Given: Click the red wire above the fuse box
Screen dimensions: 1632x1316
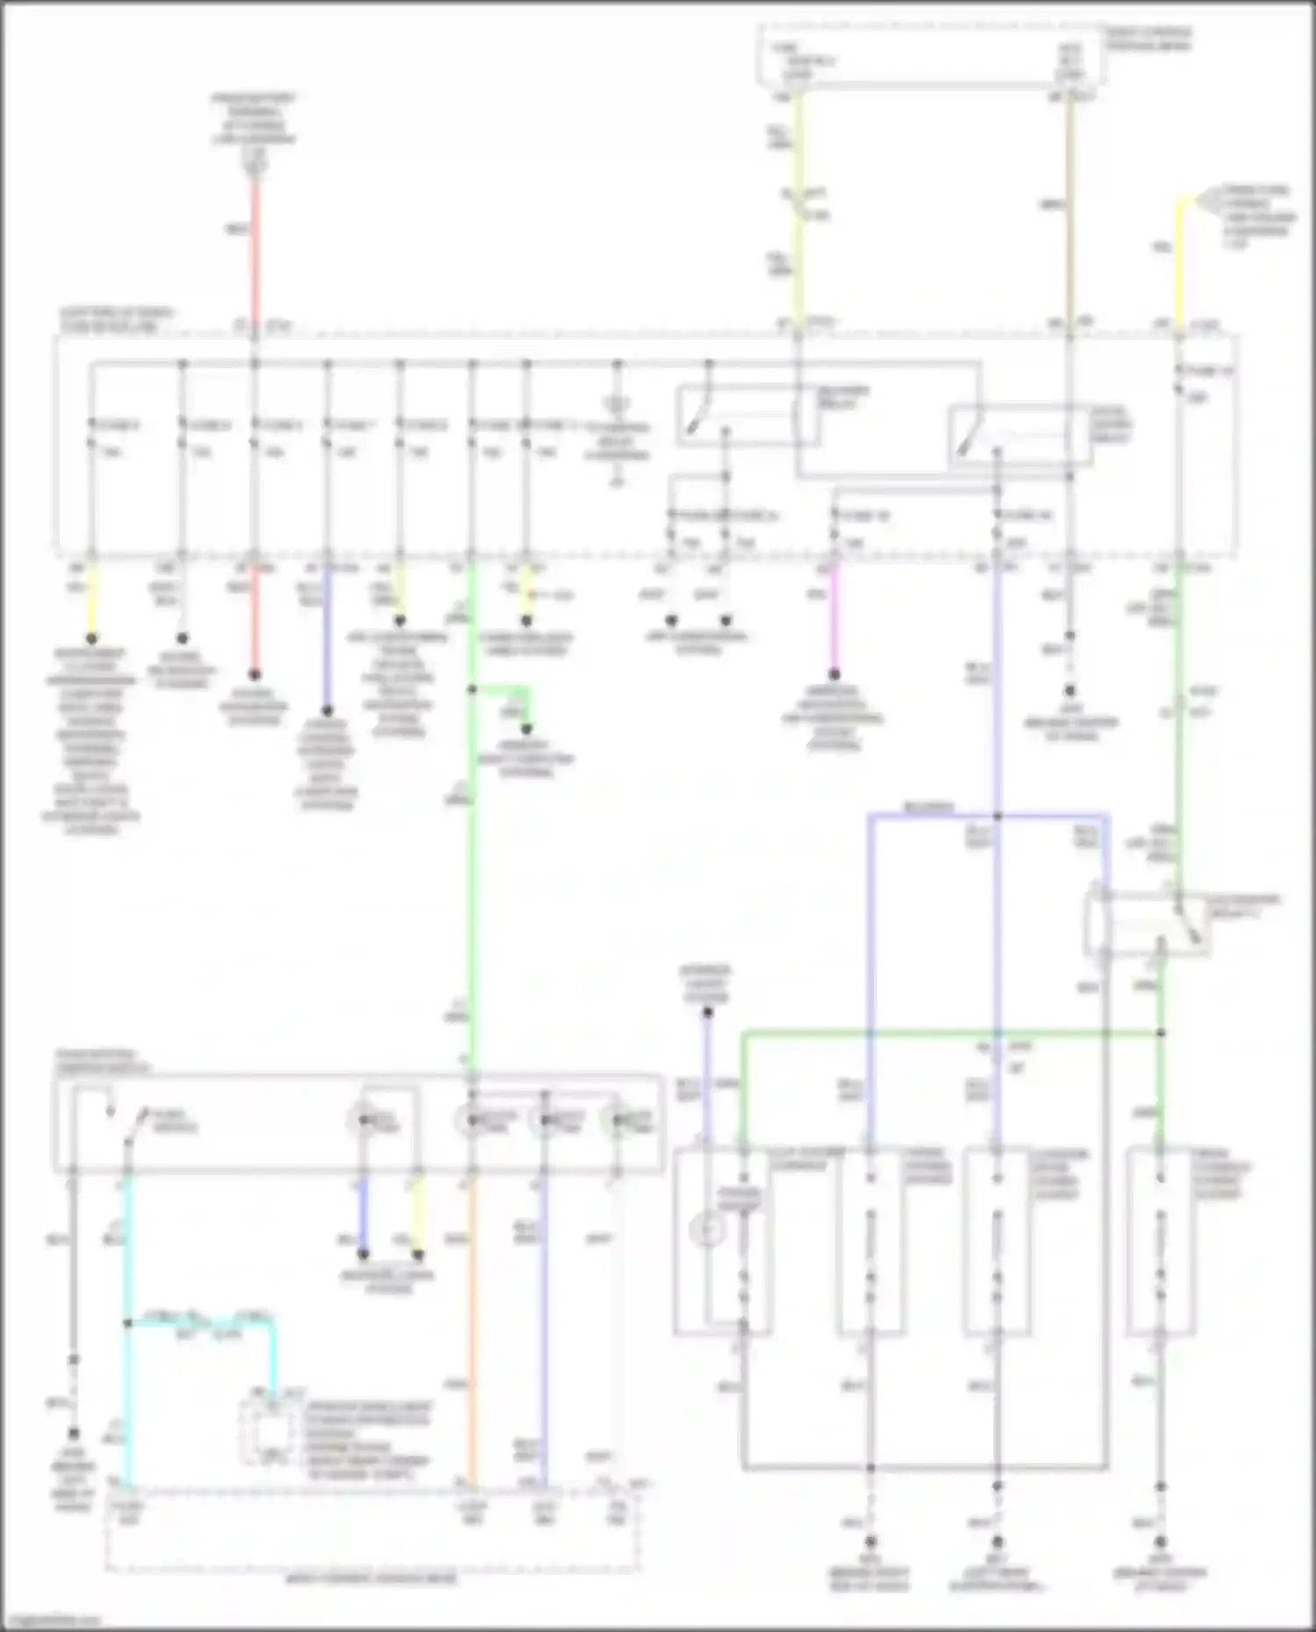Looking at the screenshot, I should [x=255, y=254].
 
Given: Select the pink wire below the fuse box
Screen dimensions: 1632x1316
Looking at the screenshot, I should [x=833, y=614].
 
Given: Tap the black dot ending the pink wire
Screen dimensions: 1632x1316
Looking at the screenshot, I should [x=834, y=674].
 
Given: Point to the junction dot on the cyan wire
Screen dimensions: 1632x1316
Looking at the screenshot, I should [x=128, y=1323].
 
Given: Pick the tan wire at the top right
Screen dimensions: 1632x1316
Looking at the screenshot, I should [x=1069, y=210].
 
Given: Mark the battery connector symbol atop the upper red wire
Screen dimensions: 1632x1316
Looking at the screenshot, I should [x=255, y=162].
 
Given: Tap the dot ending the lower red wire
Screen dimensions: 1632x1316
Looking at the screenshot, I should [x=254, y=674].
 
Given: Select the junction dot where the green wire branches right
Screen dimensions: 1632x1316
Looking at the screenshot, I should [x=472, y=689].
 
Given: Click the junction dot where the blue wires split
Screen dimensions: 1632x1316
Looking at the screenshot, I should [x=998, y=816].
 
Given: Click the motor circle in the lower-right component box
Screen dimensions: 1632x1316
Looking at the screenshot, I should [x=708, y=1230].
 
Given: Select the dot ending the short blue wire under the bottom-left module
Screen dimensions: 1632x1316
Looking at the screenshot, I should [x=363, y=1254].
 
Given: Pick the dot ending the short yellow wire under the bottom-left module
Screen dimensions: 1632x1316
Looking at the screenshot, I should [x=418, y=1254].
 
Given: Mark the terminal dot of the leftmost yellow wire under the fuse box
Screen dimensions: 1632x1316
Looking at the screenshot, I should [x=91, y=638].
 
